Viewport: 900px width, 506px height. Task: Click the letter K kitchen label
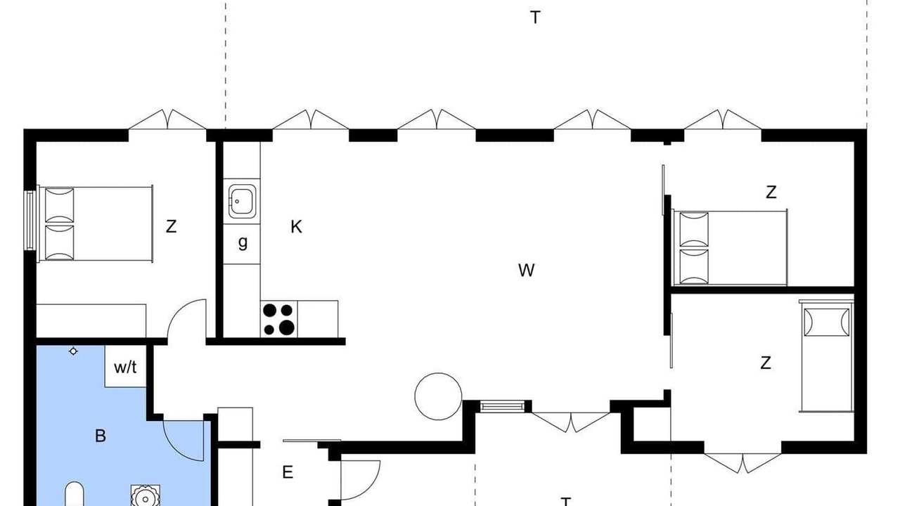pos(296,227)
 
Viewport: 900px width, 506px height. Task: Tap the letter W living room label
pos(527,271)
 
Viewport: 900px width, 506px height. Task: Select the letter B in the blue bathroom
pos(101,436)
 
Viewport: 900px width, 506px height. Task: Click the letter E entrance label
pos(288,472)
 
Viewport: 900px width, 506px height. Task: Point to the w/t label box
pos(125,366)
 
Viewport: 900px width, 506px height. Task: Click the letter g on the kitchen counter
pos(243,242)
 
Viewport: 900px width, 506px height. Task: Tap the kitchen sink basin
pos(243,201)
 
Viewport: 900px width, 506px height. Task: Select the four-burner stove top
pos(279,319)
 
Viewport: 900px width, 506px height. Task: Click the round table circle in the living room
pos(438,373)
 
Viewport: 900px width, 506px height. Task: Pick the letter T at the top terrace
pos(535,18)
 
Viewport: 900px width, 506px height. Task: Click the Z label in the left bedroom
pos(171,226)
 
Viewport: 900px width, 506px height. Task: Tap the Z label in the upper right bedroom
pos(771,193)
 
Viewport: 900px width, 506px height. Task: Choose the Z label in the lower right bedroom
pos(766,363)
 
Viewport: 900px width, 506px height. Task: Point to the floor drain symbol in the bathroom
pos(73,351)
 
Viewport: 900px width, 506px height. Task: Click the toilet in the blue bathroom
pos(75,495)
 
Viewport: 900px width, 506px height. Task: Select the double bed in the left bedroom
pos(95,223)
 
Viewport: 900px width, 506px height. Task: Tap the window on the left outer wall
pos(30,220)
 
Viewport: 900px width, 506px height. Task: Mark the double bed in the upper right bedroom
pos(730,247)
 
